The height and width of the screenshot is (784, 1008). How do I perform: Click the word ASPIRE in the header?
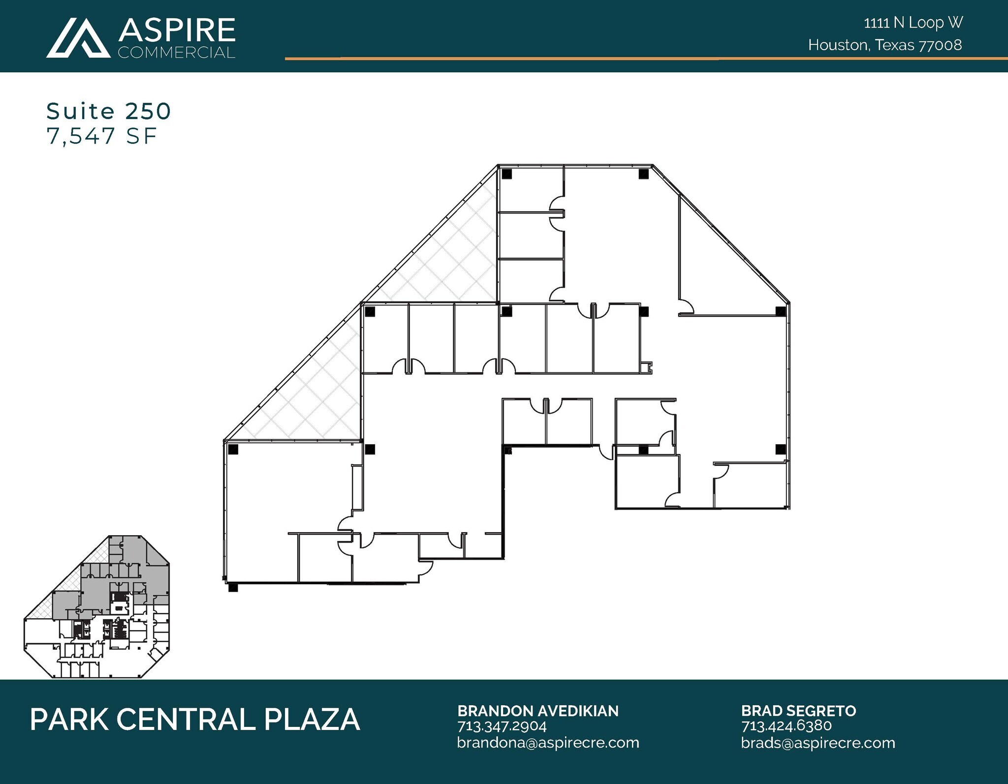click(x=177, y=30)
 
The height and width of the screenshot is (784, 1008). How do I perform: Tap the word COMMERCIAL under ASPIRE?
click(x=177, y=53)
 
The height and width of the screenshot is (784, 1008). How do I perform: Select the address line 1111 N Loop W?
click(x=913, y=23)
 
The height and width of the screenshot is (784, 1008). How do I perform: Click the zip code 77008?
click(x=940, y=45)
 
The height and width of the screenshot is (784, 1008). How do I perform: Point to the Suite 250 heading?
click(x=109, y=111)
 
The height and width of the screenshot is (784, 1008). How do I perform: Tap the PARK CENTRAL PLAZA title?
click(x=195, y=720)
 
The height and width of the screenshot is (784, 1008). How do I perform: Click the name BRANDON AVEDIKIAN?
click(x=538, y=711)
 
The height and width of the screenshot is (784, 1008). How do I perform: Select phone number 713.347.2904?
click(x=502, y=726)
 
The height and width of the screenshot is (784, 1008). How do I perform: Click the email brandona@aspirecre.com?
click(x=548, y=743)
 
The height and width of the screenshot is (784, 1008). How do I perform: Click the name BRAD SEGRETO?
click(x=798, y=711)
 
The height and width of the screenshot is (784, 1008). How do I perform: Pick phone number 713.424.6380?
click(x=786, y=726)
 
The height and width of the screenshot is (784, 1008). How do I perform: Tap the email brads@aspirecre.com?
click(x=818, y=743)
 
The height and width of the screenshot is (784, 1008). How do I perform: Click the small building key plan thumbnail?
click(x=97, y=607)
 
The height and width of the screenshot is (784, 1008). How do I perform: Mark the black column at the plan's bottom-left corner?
click(x=233, y=587)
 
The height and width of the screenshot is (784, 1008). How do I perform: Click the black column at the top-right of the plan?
click(x=643, y=174)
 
